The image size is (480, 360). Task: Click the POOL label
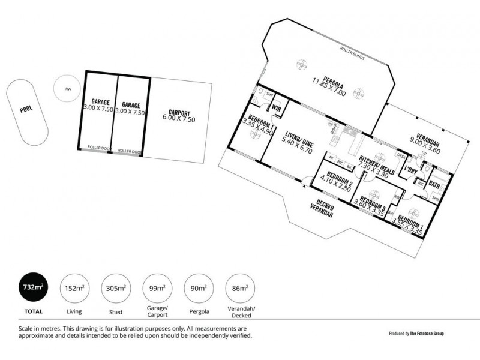26,110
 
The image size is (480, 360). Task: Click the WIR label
277,109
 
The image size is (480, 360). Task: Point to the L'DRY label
411,170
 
